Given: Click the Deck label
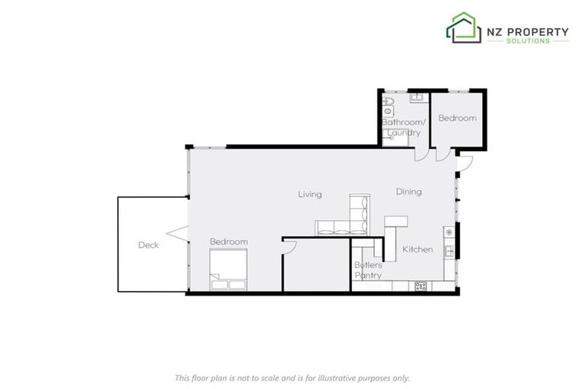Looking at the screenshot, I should click(x=148, y=245).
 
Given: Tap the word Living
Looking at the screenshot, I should click(x=309, y=194).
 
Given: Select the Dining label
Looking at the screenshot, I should click(x=408, y=192).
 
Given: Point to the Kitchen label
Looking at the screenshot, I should click(x=417, y=249).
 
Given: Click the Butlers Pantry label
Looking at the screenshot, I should click(x=368, y=270).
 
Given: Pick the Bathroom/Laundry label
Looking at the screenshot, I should click(x=401, y=127).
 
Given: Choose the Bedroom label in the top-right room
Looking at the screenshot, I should click(x=457, y=118).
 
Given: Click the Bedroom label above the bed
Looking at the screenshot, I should click(x=229, y=242).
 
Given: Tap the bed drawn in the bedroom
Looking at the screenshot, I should click(x=229, y=271).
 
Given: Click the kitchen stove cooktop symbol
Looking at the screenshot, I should click(x=421, y=286).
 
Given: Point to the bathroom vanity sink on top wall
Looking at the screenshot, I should click(x=417, y=97).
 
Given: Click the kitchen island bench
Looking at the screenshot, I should click(x=395, y=222).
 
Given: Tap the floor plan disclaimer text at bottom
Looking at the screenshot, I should click(x=292, y=378).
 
